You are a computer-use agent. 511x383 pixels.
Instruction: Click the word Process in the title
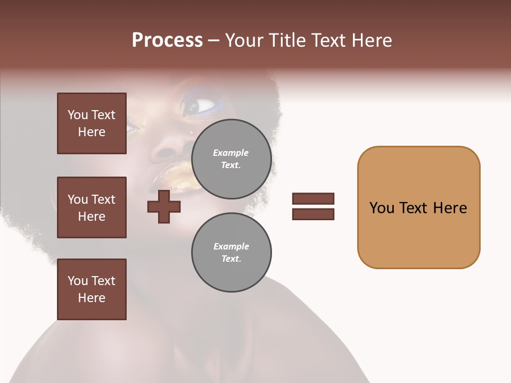coord(167,40)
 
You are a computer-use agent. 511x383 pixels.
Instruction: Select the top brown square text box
coord(92,123)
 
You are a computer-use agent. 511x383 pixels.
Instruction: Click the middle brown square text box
coord(92,207)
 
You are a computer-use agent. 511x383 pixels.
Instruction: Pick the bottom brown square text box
coord(92,289)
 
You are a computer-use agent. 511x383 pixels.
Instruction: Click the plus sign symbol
coord(164,207)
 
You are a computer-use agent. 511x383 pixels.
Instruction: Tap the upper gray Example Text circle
coord(231,159)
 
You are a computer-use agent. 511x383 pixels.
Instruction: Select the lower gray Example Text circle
coord(231,253)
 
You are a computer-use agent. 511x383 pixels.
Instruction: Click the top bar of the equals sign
coord(313,199)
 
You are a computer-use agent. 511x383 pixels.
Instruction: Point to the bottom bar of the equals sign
coord(313,214)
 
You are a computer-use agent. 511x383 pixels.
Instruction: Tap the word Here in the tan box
coord(450,208)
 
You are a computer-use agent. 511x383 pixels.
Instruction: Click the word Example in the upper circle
coord(231,153)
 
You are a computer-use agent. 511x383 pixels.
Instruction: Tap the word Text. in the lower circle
coord(231,259)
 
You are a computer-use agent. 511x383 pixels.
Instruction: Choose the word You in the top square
coord(77,115)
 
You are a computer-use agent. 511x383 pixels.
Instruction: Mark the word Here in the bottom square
coord(92,298)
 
